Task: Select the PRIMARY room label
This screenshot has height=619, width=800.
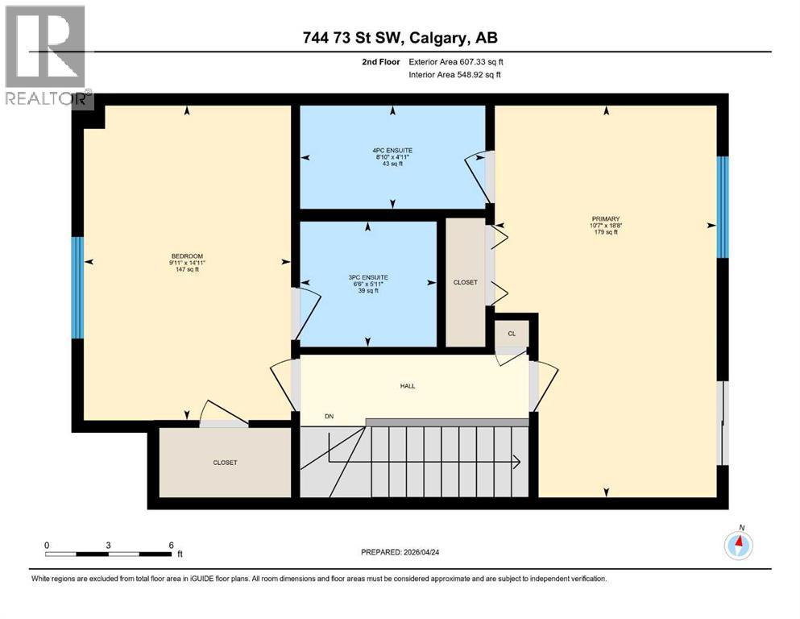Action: [605, 218]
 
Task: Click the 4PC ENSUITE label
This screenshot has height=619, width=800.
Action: [392, 150]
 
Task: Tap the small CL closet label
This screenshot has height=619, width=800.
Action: [512, 333]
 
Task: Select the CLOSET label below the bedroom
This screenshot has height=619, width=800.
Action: [225, 463]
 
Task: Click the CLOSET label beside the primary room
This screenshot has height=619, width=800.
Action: [466, 282]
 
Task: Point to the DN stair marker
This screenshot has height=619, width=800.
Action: [329, 417]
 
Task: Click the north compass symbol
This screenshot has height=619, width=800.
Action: [738, 545]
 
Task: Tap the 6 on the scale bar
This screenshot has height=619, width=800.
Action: [171, 545]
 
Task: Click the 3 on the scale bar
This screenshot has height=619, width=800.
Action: [108, 545]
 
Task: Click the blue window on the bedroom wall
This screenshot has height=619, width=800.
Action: [77, 288]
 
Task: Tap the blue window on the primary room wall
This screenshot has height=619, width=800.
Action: [723, 206]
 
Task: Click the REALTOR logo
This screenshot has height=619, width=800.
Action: [46, 56]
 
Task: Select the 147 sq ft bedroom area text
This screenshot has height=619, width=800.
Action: [185, 269]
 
